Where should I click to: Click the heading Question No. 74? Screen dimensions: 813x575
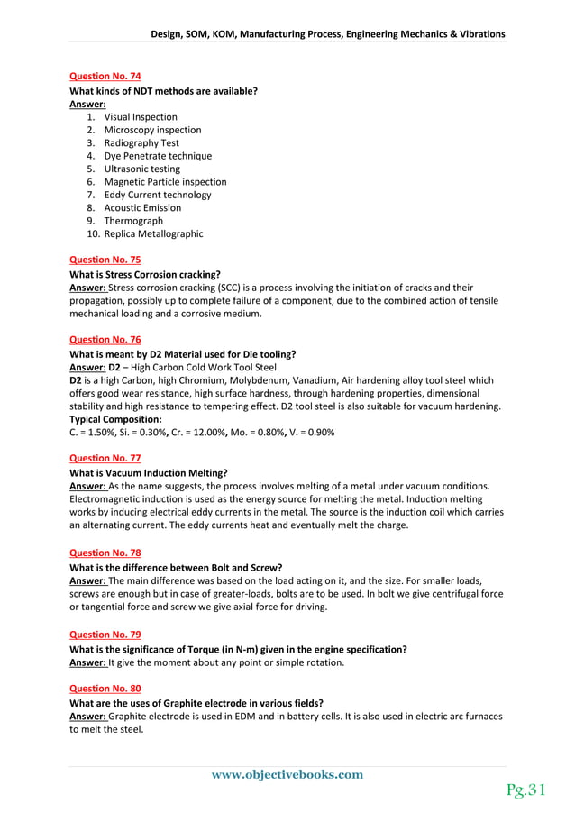pyautogui.click(x=105, y=77)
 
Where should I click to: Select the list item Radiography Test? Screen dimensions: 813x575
pyautogui.click(x=141, y=142)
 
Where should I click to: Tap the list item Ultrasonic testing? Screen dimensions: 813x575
pyautogui.click(x=141, y=169)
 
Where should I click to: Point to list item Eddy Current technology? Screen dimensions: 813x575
pyautogui.click(x=157, y=195)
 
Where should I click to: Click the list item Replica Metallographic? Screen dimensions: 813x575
pyautogui.click(x=153, y=233)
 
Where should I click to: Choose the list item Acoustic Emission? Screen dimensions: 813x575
pyautogui.click(x=142, y=207)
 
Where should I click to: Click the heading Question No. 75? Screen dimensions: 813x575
pyautogui.click(x=105, y=260)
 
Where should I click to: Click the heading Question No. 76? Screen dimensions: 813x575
pyautogui.click(x=105, y=340)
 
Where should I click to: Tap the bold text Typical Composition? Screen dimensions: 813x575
pyautogui.click(x=115, y=419)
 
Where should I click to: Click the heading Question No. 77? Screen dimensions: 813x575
pyautogui.click(x=105, y=458)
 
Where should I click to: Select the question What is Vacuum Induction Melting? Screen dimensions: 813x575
pyautogui.click(x=148, y=472)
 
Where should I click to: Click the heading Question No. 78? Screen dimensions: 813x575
pyautogui.click(x=105, y=552)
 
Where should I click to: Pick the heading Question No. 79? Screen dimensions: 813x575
pyautogui.click(x=105, y=635)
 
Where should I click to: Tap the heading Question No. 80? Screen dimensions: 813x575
pyautogui.click(x=105, y=688)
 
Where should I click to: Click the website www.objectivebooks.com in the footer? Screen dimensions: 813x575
pyautogui.click(x=287, y=774)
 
